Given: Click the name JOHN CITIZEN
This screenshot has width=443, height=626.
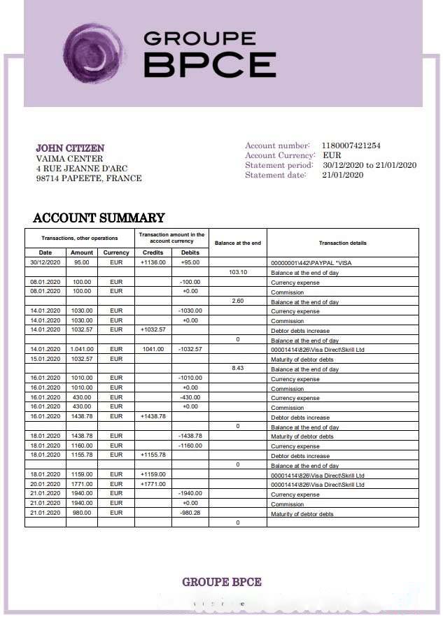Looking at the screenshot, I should (x=70, y=148).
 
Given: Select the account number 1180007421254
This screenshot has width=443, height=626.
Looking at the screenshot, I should (x=351, y=145).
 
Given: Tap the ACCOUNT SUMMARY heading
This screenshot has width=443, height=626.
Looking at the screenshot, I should (x=99, y=218).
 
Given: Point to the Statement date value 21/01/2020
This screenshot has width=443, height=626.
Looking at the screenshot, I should (x=343, y=175).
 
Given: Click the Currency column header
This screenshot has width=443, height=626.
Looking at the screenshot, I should (x=116, y=252).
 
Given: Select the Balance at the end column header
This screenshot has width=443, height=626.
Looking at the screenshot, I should (x=238, y=243).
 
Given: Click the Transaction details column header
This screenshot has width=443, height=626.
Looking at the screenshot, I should (x=342, y=243).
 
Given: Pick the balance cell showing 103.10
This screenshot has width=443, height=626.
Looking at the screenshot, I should (x=239, y=272).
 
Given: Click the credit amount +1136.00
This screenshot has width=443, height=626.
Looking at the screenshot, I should (x=153, y=262).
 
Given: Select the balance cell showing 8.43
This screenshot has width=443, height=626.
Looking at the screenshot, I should (x=239, y=369).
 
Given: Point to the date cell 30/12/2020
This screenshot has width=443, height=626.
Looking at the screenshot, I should (x=45, y=262).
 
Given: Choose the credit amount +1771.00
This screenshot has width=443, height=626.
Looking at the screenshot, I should (x=153, y=484).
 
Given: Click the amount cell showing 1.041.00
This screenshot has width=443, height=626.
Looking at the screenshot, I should (x=82, y=349).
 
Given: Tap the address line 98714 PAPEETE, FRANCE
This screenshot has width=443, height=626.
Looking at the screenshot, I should (x=89, y=178).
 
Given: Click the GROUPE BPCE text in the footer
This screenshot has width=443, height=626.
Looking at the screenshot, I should (x=222, y=582).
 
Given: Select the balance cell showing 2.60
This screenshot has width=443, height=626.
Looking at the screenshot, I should (x=238, y=301).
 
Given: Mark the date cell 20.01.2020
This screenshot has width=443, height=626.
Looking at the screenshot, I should (x=45, y=484).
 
